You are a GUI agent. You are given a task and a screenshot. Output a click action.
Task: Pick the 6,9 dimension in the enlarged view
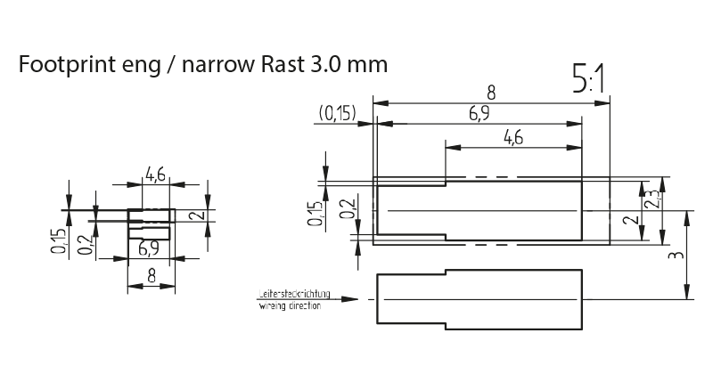479,113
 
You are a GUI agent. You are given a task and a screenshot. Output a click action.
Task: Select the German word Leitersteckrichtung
293,293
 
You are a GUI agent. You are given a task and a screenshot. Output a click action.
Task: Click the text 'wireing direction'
291,305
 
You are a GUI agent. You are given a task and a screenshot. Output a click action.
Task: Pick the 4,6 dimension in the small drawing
156,175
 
